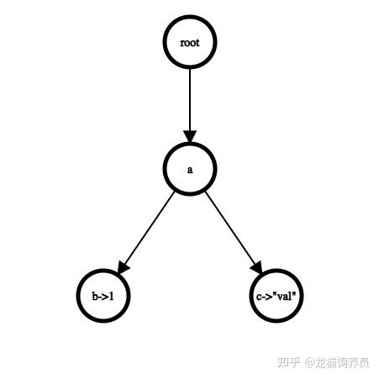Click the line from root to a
point(190,100)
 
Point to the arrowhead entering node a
point(190,136)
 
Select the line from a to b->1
point(149,229)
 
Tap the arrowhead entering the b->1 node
point(123,267)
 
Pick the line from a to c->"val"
point(230,229)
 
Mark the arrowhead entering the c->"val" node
point(257,267)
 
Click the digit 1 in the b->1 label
point(112,296)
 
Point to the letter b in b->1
point(95,296)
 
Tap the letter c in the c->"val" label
point(259,297)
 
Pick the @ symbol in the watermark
point(310,363)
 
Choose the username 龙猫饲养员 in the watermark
point(342,362)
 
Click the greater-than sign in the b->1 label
point(106,297)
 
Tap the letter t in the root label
point(197,43)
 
